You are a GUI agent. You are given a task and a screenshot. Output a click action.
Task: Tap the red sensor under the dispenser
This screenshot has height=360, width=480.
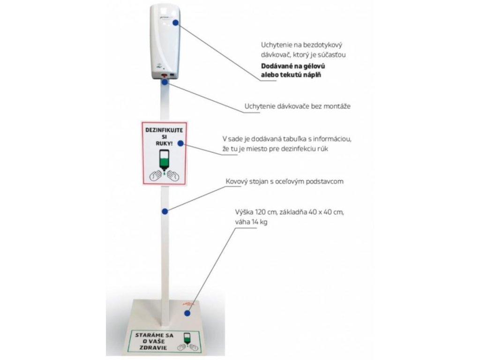pyautogui.click(x=164, y=75)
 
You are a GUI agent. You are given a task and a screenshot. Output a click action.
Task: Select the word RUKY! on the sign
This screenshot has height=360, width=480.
pyautogui.click(x=161, y=143)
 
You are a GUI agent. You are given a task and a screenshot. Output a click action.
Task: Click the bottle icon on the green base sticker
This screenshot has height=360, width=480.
pyautogui.click(x=187, y=338)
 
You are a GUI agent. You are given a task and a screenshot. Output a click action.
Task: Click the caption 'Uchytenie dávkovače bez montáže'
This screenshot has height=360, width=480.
pyautogui.click(x=297, y=106)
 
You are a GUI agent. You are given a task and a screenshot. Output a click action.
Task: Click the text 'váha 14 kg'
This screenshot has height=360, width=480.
pyautogui.click(x=252, y=223)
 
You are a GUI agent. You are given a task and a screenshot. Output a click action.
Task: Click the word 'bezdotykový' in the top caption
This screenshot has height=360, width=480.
pyautogui.click(x=326, y=45)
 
